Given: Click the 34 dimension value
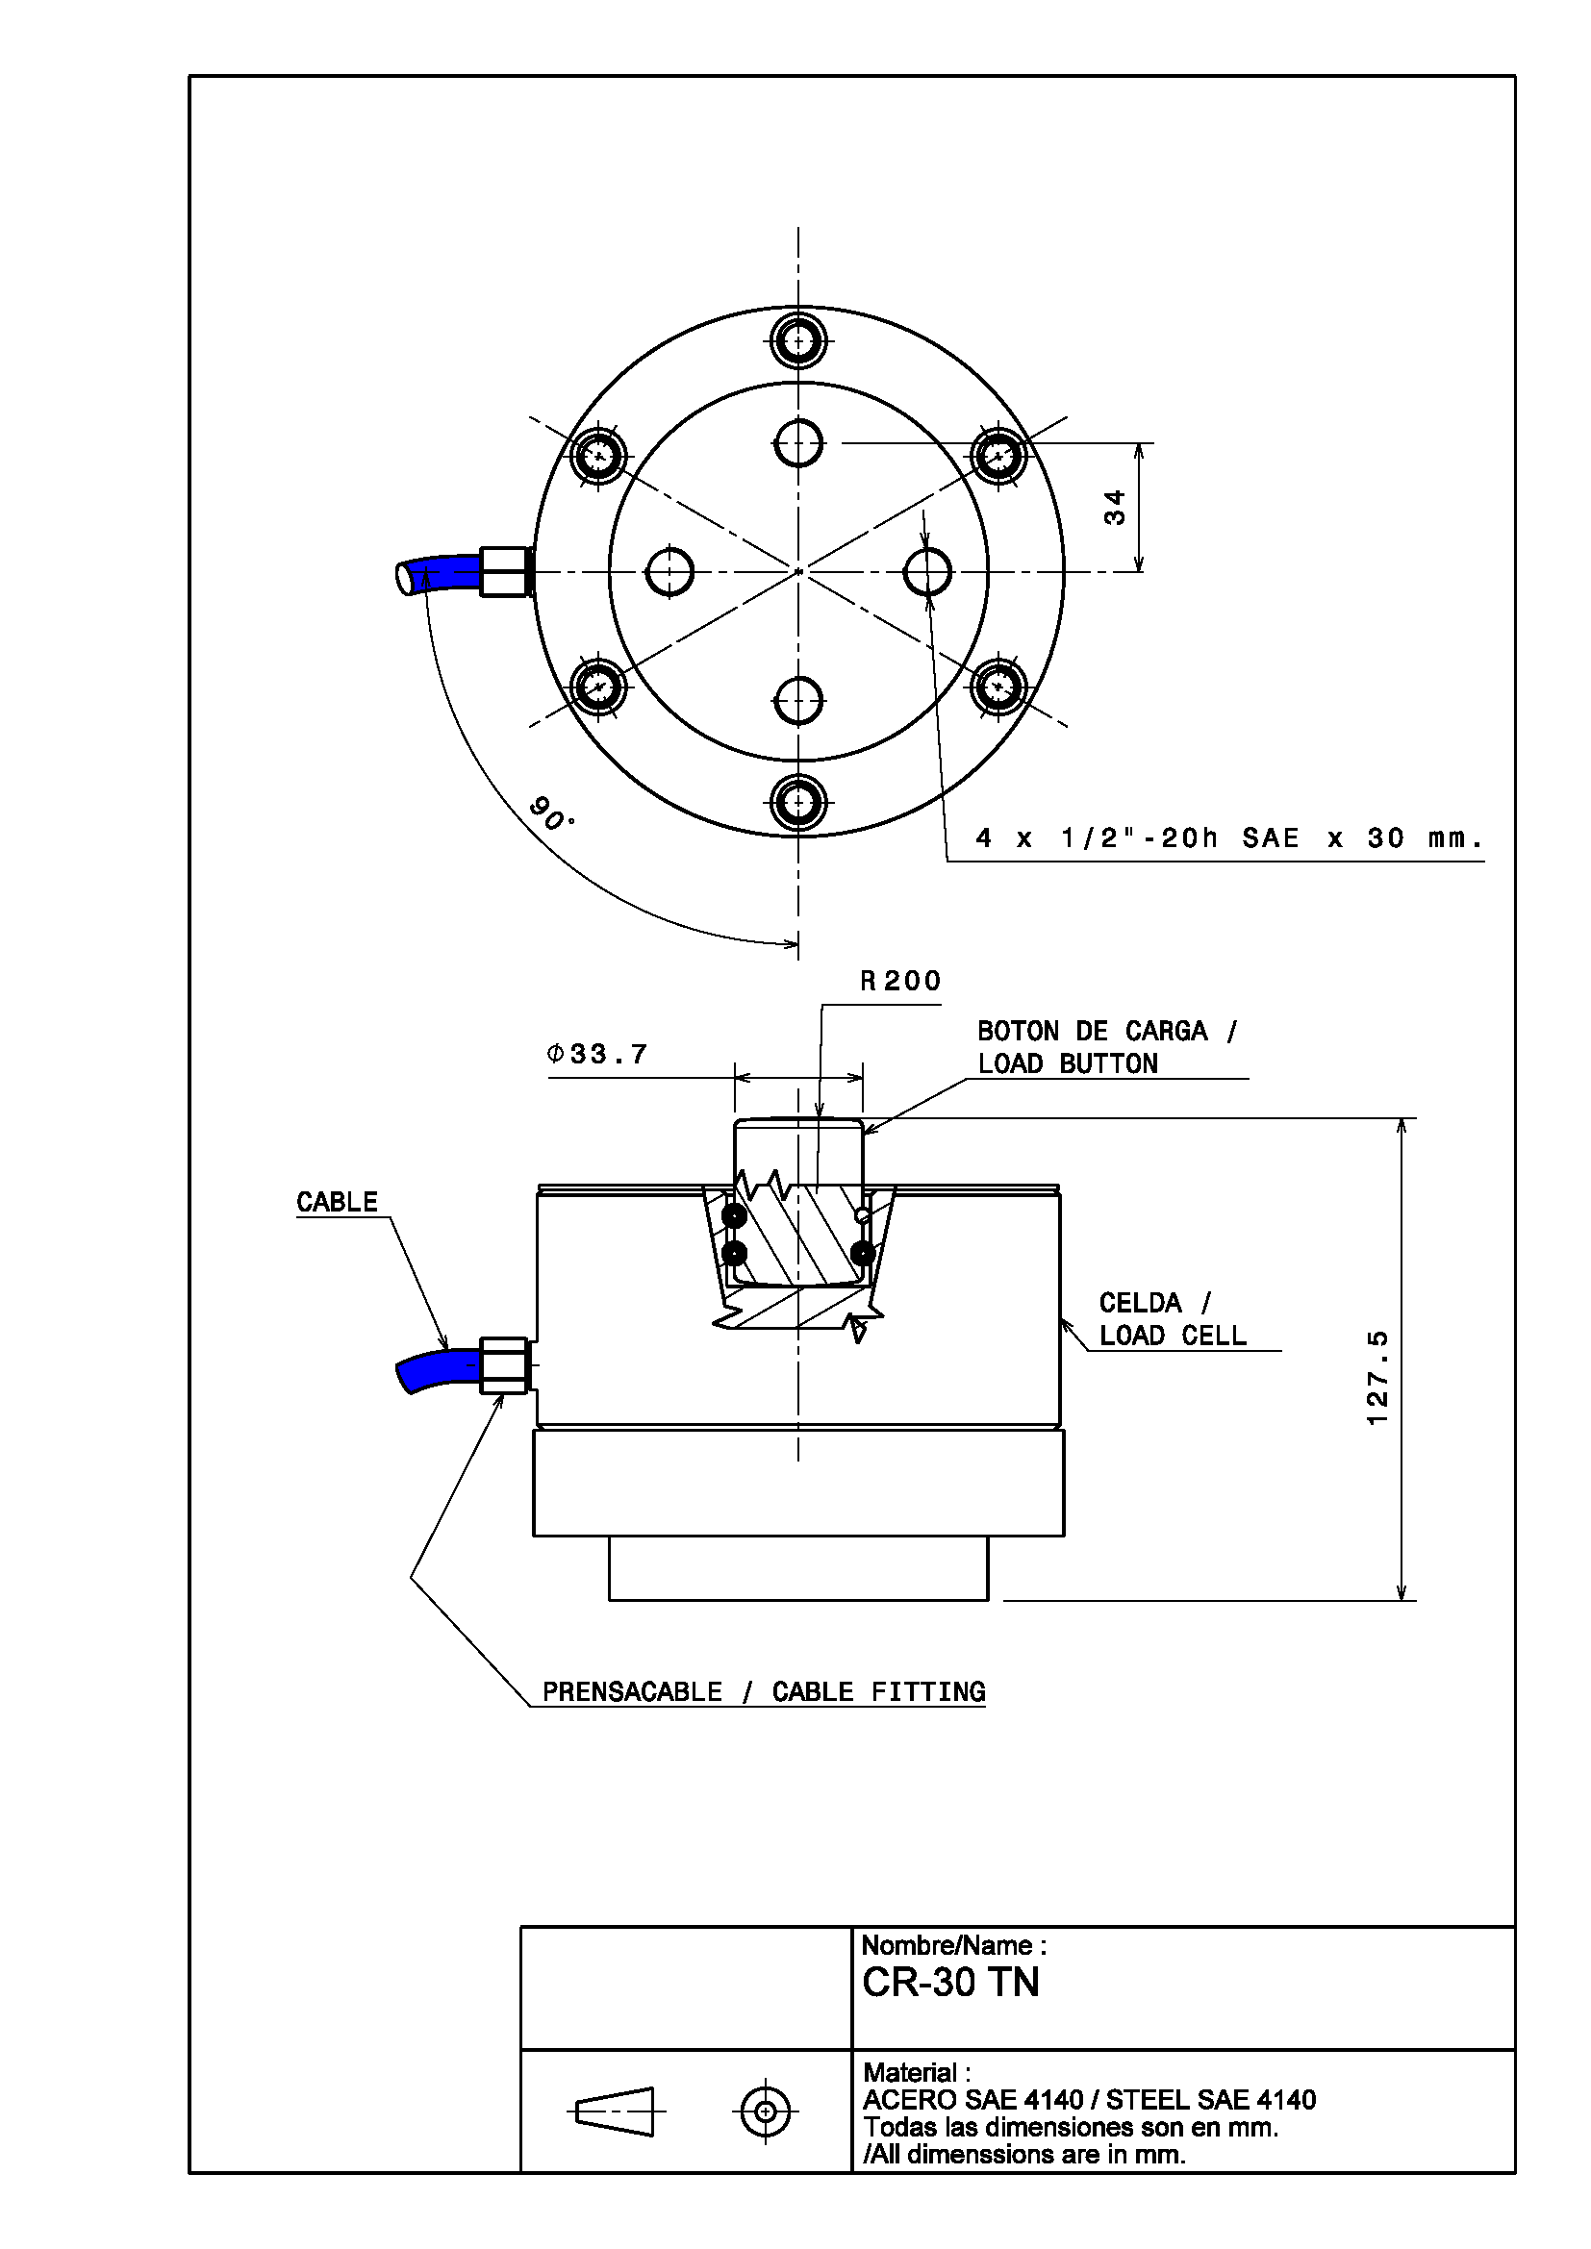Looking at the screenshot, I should tap(1114, 508).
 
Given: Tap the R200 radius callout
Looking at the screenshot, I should tap(900, 981).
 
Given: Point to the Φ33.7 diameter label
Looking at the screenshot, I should tap(597, 1054).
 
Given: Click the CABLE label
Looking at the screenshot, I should tap(337, 1202).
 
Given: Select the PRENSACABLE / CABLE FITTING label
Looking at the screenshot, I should tap(764, 1691).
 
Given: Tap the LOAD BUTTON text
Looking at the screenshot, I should tap(1068, 1063).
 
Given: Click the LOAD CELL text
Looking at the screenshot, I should tap(1173, 1336).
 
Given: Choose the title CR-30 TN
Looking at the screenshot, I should tap(950, 1982).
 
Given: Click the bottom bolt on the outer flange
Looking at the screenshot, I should tap(798, 802).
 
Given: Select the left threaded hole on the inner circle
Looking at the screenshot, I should tap(670, 572).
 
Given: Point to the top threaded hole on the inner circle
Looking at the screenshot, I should tap(798, 443).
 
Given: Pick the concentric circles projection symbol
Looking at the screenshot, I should tap(765, 2111).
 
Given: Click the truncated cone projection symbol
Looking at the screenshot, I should tap(617, 2111).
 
